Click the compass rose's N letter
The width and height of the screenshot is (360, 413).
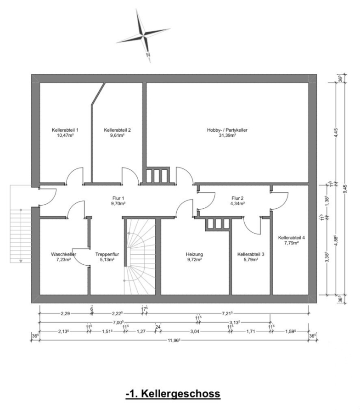point(148,55)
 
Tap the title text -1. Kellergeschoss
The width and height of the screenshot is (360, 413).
point(173,394)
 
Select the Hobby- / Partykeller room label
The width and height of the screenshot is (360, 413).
point(227,130)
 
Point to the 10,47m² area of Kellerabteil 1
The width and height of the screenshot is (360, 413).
point(65,135)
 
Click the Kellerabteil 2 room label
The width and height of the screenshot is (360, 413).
point(117,130)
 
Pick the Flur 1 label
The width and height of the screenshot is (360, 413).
point(118,198)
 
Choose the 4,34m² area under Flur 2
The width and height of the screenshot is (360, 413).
point(237,203)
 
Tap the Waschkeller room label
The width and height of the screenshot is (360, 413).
point(63,254)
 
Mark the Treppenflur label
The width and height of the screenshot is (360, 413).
point(107,254)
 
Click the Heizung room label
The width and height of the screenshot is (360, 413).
point(195,254)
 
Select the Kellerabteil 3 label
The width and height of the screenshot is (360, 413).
point(251,254)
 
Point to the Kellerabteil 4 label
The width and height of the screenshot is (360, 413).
point(292,237)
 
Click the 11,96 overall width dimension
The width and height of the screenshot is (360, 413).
point(174,340)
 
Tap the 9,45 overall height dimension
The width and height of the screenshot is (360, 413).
point(345,189)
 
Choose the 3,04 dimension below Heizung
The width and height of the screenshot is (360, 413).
point(195,331)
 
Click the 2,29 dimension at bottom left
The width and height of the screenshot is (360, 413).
point(65,313)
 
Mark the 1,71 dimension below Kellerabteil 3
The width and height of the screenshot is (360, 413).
point(251,331)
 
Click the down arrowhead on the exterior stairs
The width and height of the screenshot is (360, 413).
point(21,261)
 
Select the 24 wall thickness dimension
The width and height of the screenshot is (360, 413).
point(158,327)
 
